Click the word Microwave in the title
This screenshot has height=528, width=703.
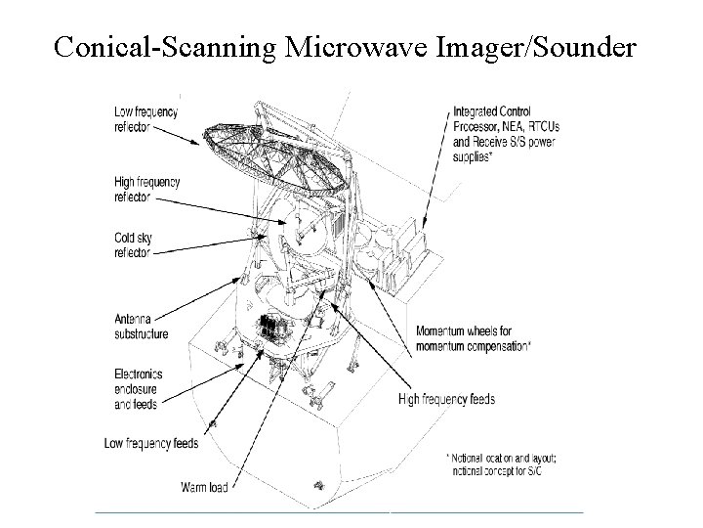coord(356,46)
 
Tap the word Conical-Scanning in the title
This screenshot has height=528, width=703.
coord(165,47)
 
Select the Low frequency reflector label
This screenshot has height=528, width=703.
coord(145,119)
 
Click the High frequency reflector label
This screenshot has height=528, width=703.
coord(147,190)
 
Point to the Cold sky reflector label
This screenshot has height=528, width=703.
coord(133,245)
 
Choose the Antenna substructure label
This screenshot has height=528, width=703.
coord(142,327)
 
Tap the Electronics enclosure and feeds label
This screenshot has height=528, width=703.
coord(138,389)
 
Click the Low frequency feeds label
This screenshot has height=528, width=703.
coord(151,444)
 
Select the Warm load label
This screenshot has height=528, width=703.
coord(204,487)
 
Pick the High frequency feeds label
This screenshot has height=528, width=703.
coord(446,399)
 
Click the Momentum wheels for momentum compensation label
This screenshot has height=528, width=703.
coord(474,339)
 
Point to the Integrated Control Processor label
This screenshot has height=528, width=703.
coord(506,134)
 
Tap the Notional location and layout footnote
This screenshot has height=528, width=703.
coord(501,464)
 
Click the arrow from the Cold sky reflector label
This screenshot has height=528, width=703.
coord(211,245)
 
